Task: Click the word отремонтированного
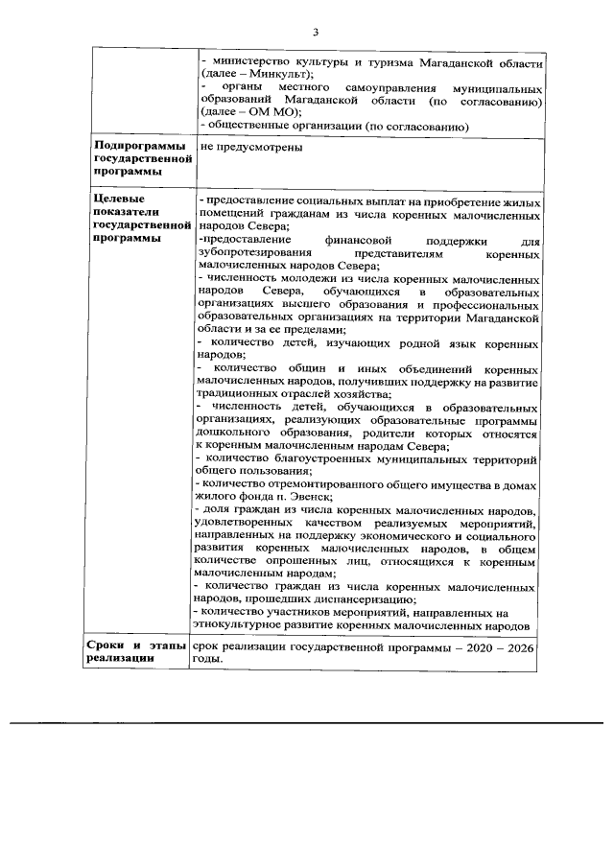pos(328,482)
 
